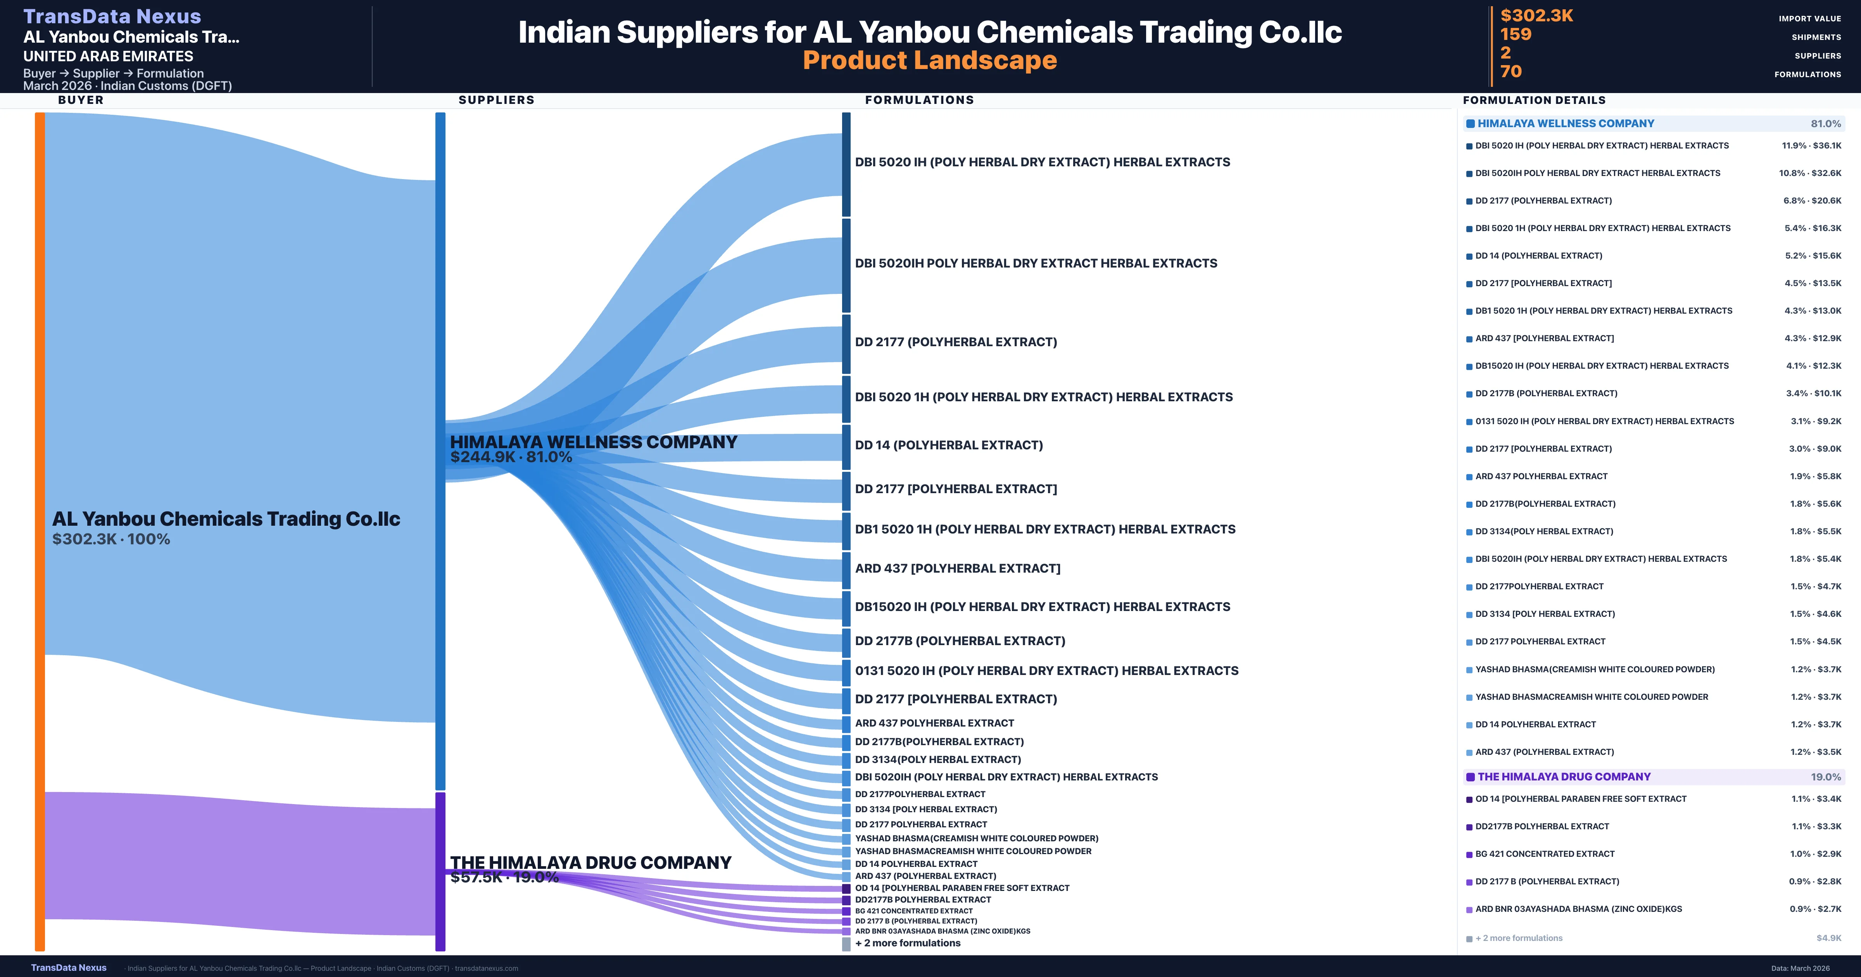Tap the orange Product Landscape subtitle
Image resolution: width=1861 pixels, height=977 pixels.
click(930, 61)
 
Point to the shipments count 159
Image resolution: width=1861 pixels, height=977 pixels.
click(1516, 35)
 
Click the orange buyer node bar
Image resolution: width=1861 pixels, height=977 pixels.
click(40, 531)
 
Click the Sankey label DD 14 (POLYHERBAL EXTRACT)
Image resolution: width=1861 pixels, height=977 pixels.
click(949, 445)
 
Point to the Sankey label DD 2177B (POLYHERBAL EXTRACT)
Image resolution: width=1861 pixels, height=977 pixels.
click(960, 641)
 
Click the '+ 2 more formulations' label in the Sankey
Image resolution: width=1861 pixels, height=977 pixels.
click(907, 943)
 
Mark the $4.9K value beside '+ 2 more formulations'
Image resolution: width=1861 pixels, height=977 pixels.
click(1828, 938)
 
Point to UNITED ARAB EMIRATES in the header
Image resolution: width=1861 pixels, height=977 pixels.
click(109, 56)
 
